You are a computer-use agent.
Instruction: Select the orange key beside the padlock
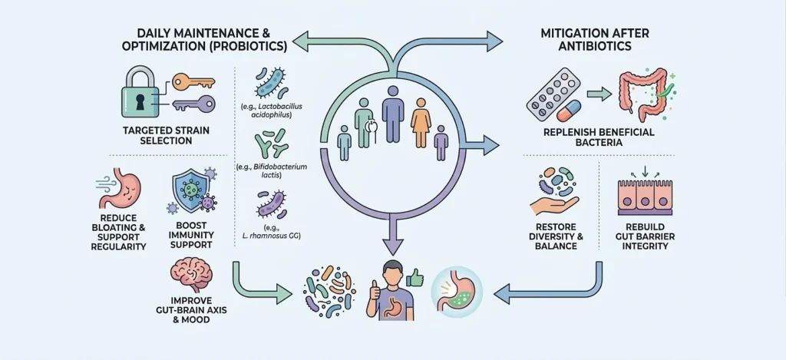(x=189, y=81)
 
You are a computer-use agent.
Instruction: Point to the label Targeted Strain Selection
(x=158, y=135)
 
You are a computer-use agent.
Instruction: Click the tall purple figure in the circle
(x=393, y=114)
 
